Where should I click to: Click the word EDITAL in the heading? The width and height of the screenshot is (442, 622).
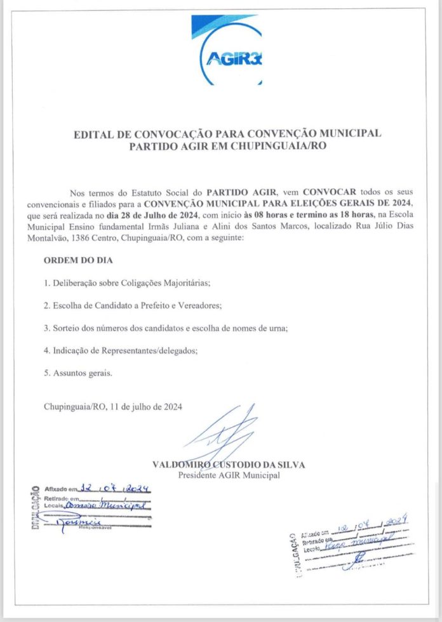94,134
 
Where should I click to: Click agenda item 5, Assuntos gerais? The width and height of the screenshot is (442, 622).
78,373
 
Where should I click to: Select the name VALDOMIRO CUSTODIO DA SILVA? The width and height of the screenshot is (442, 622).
229,465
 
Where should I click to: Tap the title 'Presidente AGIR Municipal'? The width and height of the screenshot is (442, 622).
228,475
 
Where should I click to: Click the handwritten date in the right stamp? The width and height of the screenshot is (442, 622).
368,526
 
